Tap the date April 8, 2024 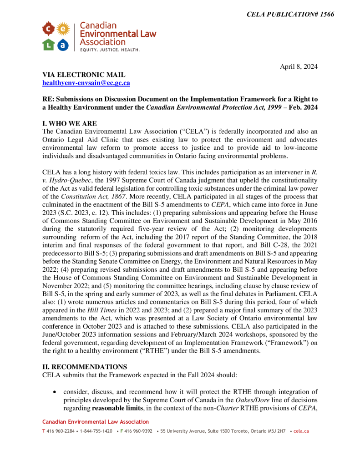[299, 66]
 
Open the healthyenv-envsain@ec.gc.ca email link [86, 83]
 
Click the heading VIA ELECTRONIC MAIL [84, 75]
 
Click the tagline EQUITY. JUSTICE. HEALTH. [110, 50]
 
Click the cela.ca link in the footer [301, 431]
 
